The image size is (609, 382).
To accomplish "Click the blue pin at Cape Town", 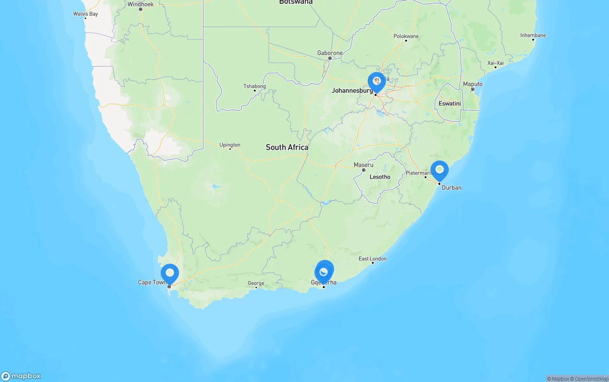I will pyautogui.click(x=170, y=274).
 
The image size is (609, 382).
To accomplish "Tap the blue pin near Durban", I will pyautogui.click(x=439, y=170).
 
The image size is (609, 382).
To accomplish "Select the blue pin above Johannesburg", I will pyautogui.click(x=376, y=81).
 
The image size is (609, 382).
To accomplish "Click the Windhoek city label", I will pyautogui.click(x=140, y=4).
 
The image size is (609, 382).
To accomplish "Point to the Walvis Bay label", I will pyautogui.click(x=86, y=14).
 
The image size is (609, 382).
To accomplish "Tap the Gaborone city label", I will pyautogui.click(x=330, y=53).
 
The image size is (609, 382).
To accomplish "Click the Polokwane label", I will pyautogui.click(x=406, y=36).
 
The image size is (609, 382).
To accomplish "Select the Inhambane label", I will pyautogui.click(x=533, y=35).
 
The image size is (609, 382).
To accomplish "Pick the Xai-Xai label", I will pyautogui.click(x=495, y=63).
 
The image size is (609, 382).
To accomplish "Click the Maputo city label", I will pyautogui.click(x=472, y=84).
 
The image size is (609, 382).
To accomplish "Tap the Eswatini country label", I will pyautogui.click(x=450, y=103).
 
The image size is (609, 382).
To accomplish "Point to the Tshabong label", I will pyautogui.click(x=255, y=86).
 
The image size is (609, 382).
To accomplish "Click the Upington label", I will pyautogui.click(x=230, y=145).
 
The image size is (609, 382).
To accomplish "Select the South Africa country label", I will pyautogui.click(x=287, y=147).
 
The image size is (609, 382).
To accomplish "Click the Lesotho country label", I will pyautogui.click(x=380, y=177).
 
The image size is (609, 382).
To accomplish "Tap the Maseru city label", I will pyautogui.click(x=363, y=165).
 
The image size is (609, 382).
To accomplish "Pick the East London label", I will pyautogui.click(x=373, y=259).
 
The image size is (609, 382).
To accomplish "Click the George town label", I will pyautogui.click(x=256, y=283).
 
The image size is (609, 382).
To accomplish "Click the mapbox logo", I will pyautogui.click(x=21, y=376).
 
